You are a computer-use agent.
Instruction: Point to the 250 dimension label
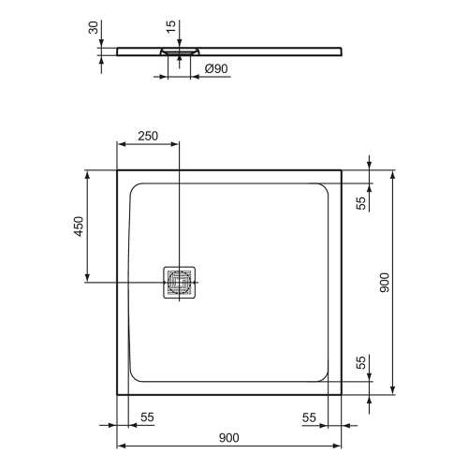[148, 135]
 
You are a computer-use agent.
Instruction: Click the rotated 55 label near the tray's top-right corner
[361, 202]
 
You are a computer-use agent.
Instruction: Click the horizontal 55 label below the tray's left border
[147, 416]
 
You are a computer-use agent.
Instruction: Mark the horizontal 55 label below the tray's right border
[308, 416]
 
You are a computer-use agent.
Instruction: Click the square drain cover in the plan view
[179, 282]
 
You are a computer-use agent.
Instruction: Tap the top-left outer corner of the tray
[117, 170]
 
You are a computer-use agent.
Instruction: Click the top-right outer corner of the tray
[341, 170]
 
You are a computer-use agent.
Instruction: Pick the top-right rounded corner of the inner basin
[322, 190]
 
